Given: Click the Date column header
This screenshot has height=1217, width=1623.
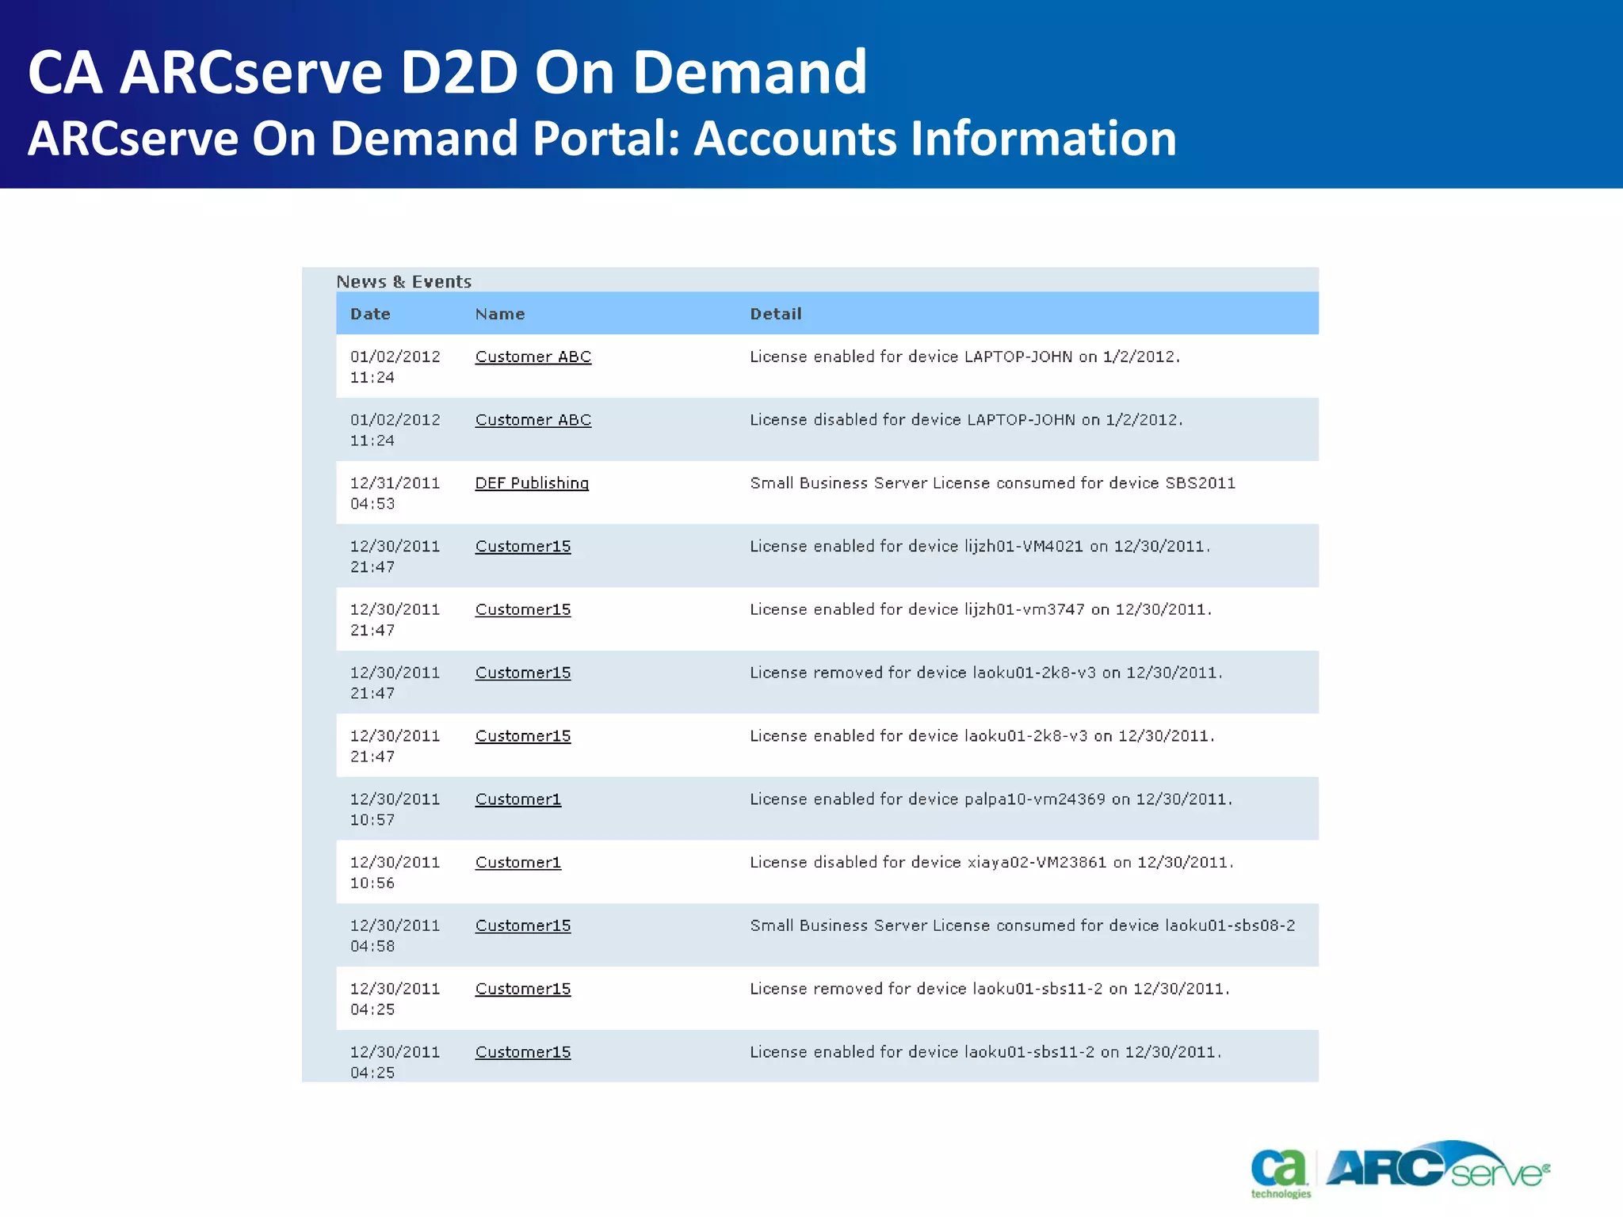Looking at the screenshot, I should pos(370,314).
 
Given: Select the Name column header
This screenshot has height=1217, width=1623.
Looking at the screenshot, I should pos(499,314).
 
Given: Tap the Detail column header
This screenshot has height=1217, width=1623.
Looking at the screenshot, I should pos(775,314).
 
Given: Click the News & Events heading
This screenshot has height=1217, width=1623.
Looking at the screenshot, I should pos(403,281).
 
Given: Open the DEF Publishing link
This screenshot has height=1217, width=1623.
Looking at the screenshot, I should pos(532,483).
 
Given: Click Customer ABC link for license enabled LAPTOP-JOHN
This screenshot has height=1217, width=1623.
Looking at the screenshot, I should pos(533,357).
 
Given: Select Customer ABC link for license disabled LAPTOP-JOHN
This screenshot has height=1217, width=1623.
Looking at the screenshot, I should pos(533,420).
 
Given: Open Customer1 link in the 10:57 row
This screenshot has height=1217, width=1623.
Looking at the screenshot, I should pos(517,799).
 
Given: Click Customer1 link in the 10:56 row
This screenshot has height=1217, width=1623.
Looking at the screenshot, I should pos(517,862).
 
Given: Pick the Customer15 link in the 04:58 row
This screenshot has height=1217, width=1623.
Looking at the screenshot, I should pos(522,925).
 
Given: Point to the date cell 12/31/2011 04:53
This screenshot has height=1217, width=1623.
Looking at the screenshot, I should pos(394,492).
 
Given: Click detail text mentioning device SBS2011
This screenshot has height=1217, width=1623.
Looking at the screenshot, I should pos(992,483).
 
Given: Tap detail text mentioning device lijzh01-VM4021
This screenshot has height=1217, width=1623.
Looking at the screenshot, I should pos(980,546).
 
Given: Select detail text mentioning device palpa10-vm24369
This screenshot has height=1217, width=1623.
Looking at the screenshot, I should pos(991,799).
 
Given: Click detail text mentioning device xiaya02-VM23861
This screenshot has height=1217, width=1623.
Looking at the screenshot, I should pos(991,862).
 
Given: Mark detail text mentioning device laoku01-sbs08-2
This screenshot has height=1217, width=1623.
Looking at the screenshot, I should pos(1022,925).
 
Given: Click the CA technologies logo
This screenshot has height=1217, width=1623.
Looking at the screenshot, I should pos(1280,1172).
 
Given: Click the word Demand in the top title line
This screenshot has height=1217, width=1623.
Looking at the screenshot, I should pos(750,72).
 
